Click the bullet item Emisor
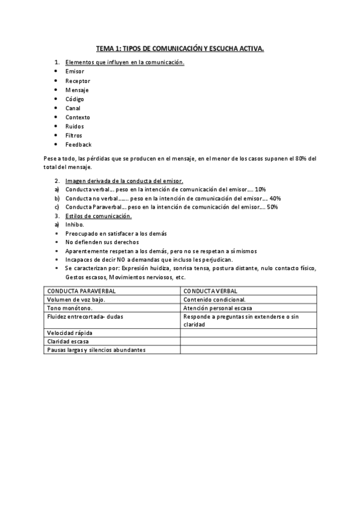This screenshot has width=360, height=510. point(75,71)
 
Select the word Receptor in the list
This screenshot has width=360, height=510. point(78,81)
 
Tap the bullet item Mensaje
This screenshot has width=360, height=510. point(77,90)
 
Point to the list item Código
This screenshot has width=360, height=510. point(75,99)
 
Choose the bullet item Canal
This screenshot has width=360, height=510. point(73,108)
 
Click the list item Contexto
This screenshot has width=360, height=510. point(78,117)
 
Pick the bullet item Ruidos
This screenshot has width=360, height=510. point(75,126)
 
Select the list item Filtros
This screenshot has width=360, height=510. point(75,135)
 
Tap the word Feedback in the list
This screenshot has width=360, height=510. point(79,145)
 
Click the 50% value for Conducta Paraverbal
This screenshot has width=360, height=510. point(272,207)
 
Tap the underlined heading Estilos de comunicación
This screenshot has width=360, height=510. point(98,215)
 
